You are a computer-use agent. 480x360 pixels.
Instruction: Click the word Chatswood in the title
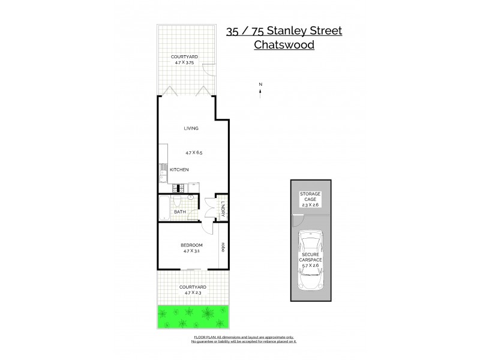(284, 44)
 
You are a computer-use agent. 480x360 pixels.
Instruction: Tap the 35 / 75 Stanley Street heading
(284, 31)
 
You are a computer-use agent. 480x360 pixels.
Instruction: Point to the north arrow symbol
(260, 90)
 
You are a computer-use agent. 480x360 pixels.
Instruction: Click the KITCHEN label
(179, 170)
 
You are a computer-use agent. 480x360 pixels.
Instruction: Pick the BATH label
(179, 212)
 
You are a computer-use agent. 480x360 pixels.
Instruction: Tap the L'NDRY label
(223, 209)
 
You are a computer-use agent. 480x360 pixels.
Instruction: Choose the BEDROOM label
(191, 245)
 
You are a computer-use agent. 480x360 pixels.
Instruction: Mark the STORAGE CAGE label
(311, 197)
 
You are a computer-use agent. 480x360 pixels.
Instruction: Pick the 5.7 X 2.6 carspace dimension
(312, 265)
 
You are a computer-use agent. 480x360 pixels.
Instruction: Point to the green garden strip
(193, 316)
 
